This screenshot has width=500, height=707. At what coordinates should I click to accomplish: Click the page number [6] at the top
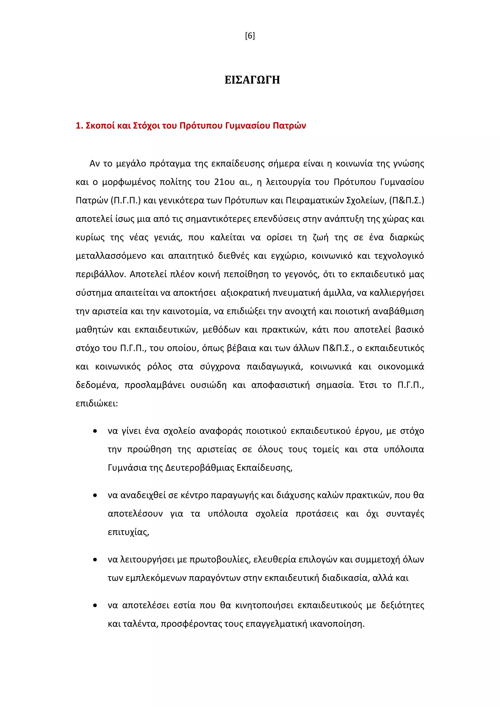coord(250,36)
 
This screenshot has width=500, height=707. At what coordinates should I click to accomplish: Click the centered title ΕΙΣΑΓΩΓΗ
coord(252,80)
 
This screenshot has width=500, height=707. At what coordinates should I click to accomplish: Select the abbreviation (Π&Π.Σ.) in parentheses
coord(407,201)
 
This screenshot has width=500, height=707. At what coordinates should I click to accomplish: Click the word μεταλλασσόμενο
coord(111,256)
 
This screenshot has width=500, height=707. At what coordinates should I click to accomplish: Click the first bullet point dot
coord(95,431)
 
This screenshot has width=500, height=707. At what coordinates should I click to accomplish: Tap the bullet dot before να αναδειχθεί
coord(95,495)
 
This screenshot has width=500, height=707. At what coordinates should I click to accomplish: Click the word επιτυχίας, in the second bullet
coord(128,532)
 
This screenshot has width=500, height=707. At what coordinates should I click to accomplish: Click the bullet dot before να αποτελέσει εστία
coord(95,605)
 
